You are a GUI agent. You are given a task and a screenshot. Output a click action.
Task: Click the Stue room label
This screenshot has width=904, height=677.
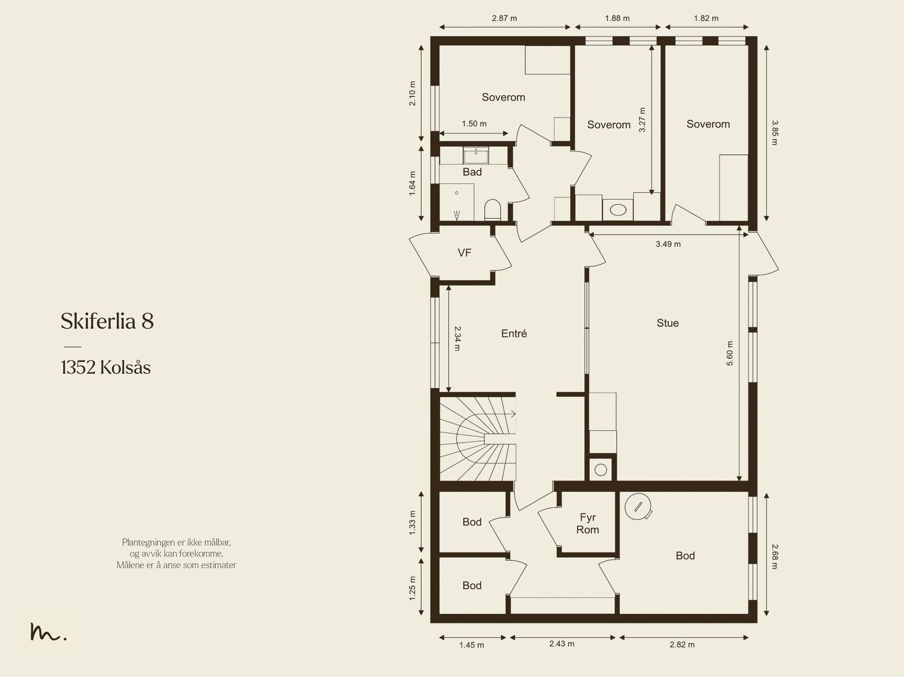[x=667, y=323]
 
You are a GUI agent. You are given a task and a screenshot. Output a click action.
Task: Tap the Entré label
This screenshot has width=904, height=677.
[x=514, y=333]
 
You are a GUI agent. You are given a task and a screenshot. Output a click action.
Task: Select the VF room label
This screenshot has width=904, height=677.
[x=464, y=253]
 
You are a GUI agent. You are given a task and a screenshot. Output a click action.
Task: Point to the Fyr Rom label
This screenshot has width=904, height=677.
[x=587, y=523]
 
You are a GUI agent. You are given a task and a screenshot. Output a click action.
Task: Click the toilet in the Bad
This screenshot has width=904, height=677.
[x=492, y=209]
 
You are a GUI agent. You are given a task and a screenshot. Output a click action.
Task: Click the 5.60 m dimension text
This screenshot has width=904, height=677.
[x=729, y=353]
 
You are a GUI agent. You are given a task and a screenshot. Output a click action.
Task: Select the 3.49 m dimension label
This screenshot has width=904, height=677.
[x=668, y=244]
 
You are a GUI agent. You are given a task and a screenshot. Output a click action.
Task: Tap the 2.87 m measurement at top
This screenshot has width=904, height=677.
[x=504, y=18]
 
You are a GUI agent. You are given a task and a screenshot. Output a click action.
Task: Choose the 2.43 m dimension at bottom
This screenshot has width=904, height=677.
[x=562, y=643]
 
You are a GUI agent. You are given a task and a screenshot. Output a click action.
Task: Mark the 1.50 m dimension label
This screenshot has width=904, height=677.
[x=473, y=124]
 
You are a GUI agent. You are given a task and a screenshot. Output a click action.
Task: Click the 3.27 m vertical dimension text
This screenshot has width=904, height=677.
[x=642, y=119]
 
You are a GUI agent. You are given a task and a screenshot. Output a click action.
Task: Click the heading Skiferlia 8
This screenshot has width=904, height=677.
[x=107, y=321]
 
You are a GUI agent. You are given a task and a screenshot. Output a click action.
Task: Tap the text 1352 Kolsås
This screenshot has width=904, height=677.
[x=106, y=367]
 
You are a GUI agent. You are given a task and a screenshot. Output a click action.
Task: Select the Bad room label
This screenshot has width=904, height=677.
[x=472, y=172]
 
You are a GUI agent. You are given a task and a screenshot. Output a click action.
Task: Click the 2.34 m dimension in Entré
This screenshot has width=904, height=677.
[x=457, y=338]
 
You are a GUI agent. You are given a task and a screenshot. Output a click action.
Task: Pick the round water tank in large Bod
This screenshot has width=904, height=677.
[x=638, y=506]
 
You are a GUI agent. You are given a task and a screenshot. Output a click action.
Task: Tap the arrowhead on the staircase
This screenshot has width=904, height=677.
[x=513, y=414]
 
